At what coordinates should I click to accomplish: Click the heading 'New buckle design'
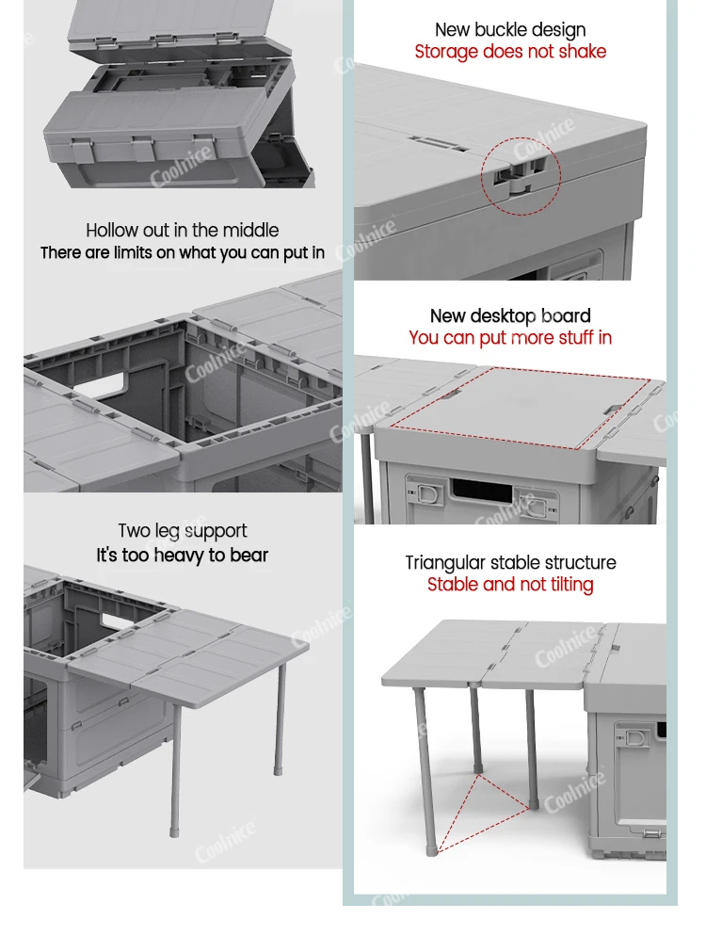(x=510, y=30)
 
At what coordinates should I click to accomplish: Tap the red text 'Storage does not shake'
(x=510, y=52)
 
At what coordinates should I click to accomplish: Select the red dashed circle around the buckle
(x=521, y=170)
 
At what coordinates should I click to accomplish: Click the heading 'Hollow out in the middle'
(x=183, y=230)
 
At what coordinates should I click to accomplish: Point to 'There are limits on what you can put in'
(x=183, y=252)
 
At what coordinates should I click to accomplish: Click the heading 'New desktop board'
(x=510, y=315)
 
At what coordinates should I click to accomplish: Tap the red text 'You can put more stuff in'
(x=510, y=337)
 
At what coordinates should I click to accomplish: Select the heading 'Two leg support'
(x=183, y=531)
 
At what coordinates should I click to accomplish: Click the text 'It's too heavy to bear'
(x=183, y=556)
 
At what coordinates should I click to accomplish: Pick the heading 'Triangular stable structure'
(x=510, y=563)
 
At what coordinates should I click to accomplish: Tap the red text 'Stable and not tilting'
(x=510, y=585)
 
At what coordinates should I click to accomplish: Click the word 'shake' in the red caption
(x=584, y=52)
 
